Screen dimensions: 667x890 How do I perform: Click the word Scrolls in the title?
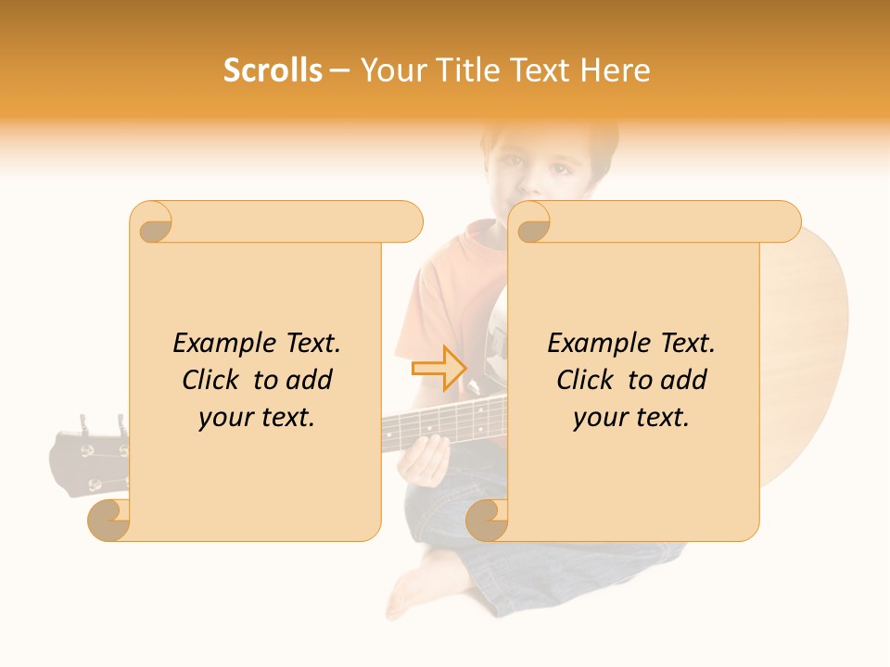pos(273,70)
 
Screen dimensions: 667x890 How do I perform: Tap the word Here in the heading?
pos(615,70)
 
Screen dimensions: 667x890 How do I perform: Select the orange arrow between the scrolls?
pos(439,368)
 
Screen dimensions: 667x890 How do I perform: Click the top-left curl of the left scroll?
pos(154,224)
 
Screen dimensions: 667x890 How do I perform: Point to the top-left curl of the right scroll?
pos(532,224)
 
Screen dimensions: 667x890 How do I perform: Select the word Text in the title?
pos(533,70)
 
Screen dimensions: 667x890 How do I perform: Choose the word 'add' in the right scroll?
pos(685,380)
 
